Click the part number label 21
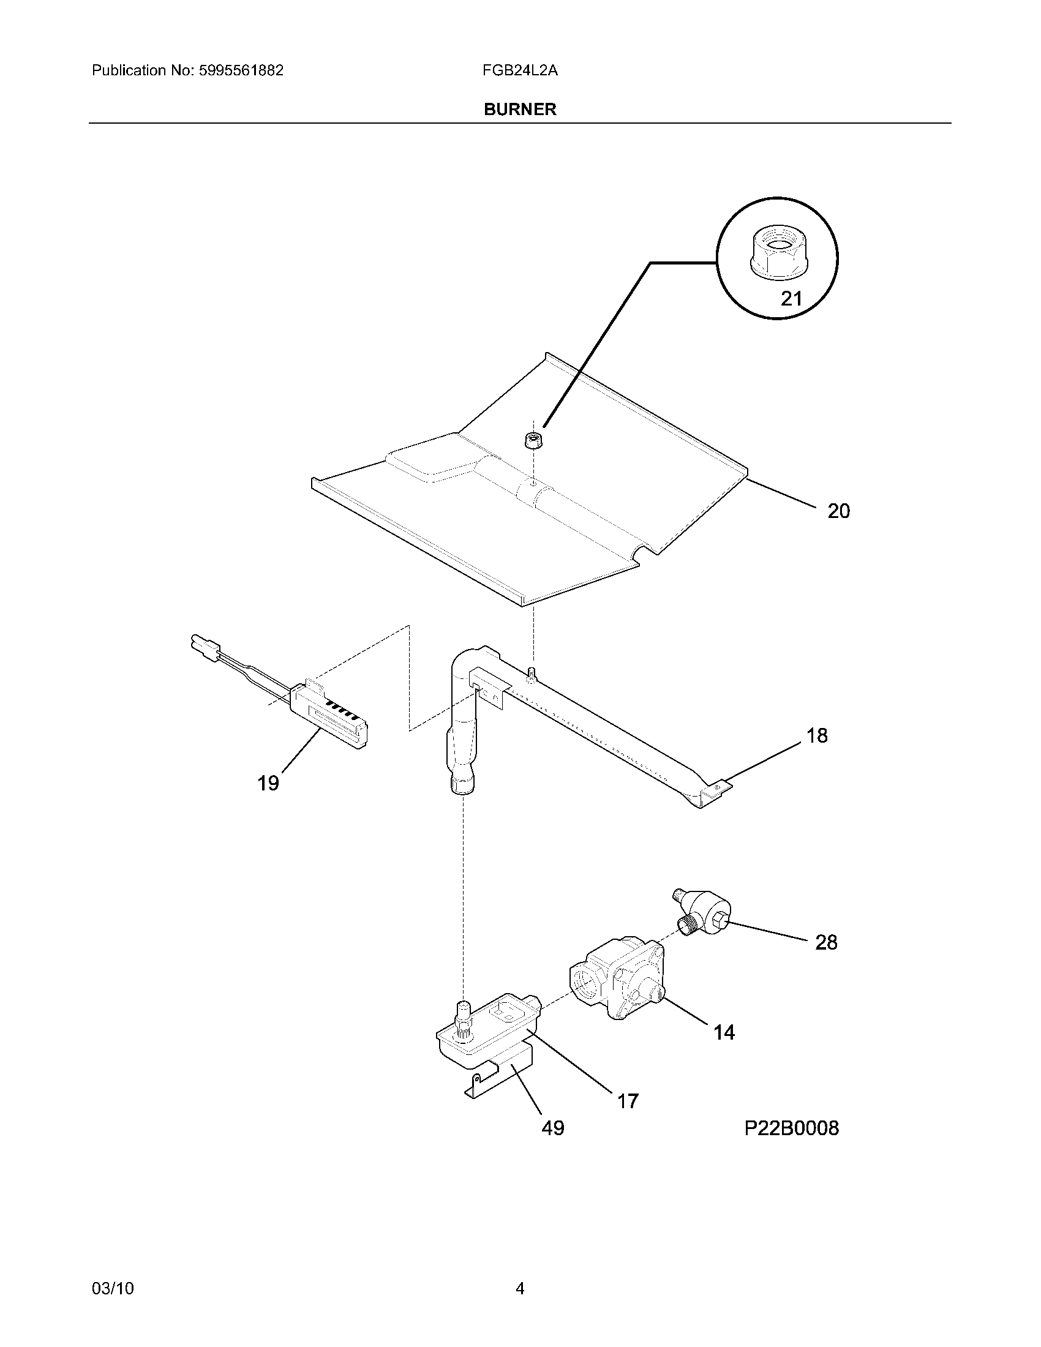[x=791, y=299]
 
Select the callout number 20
[x=838, y=511]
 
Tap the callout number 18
[x=817, y=735]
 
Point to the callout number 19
[x=268, y=783]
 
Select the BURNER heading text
[x=520, y=109]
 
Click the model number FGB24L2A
[x=520, y=70]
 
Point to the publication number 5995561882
[x=241, y=70]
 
